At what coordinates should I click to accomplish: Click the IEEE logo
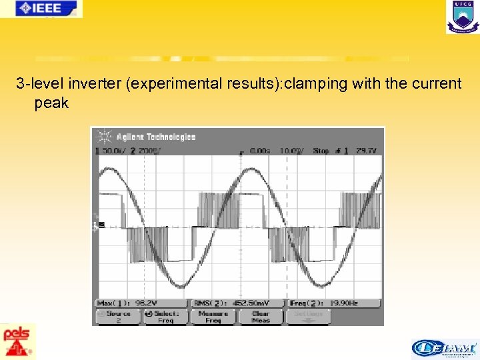click(41, 8)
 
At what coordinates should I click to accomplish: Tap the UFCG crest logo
click(462, 17)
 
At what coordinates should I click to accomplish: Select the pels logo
click(18, 341)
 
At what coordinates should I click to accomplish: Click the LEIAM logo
click(444, 348)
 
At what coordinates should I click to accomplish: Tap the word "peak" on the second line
click(51, 103)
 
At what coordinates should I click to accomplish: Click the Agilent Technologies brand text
click(156, 137)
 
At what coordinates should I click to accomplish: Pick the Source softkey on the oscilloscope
click(117, 316)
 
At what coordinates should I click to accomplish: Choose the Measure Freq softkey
click(213, 316)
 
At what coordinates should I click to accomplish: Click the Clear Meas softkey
click(260, 316)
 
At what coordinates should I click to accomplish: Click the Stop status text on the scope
click(321, 151)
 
